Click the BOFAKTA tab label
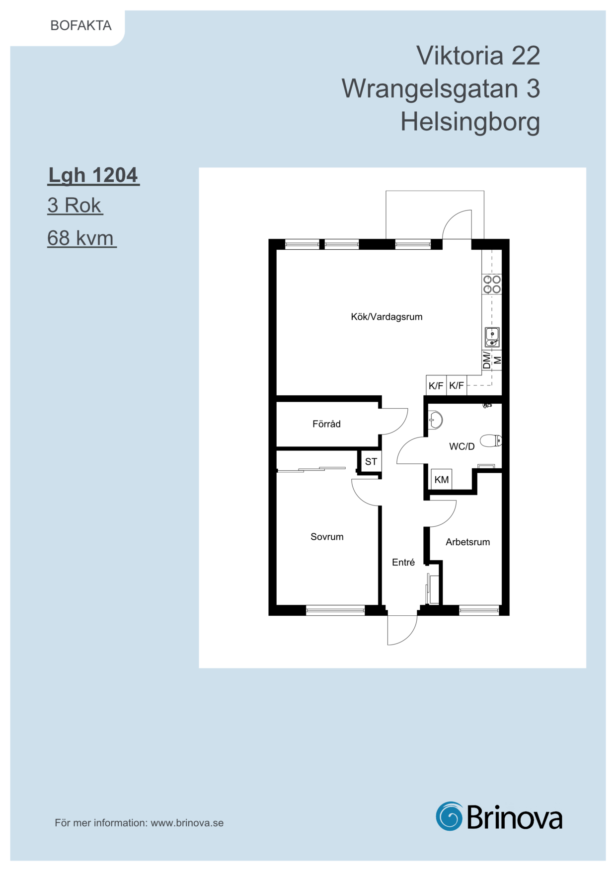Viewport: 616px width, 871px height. point(81,26)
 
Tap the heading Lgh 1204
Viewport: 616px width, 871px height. point(93,176)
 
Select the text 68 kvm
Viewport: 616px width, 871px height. point(81,238)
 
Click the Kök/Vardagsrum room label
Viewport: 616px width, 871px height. point(386,317)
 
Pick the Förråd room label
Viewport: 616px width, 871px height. point(326,424)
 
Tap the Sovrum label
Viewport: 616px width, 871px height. point(327,537)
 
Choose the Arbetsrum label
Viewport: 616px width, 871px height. point(467,542)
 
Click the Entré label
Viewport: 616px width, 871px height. point(403,562)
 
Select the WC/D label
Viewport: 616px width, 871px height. point(462,446)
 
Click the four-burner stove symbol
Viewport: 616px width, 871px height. point(492,285)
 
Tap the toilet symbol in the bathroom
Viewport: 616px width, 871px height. point(491,440)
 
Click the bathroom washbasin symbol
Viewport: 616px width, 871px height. point(435,420)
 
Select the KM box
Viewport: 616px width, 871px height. point(441,479)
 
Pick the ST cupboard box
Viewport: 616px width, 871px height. point(371,461)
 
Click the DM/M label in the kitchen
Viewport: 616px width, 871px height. point(492,360)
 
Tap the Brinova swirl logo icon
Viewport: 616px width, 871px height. point(450,816)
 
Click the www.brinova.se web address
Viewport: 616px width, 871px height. point(187,823)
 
